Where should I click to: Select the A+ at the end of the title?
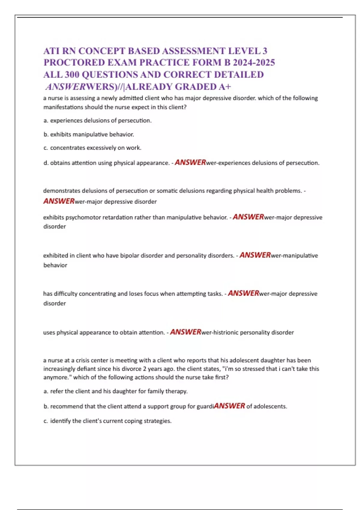coord(225,87)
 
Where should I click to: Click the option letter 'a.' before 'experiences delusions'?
coord(46,121)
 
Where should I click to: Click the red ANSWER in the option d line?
coord(190,162)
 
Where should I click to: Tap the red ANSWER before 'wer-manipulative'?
coord(255,255)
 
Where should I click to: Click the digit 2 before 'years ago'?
coord(144,369)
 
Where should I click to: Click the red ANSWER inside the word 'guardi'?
coord(229,406)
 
